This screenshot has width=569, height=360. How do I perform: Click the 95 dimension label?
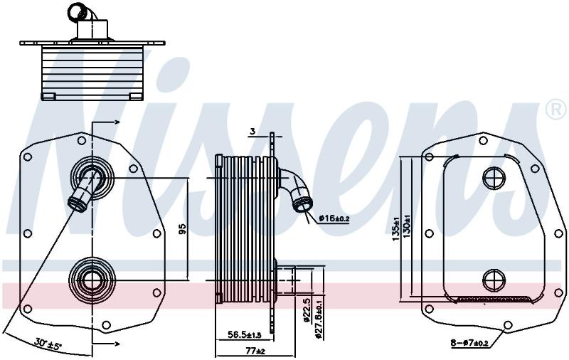click(x=183, y=229)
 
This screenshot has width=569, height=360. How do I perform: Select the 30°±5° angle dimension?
click(x=48, y=342)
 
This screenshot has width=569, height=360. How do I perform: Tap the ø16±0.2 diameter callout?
click(x=334, y=218)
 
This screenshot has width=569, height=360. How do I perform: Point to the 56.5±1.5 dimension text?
click(x=244, y=334)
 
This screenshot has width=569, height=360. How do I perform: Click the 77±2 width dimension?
click(x=256, y=351)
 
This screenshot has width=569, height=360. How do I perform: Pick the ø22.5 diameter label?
click(x=307, y=310)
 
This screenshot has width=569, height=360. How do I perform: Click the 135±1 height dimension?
click(x=396, y=229)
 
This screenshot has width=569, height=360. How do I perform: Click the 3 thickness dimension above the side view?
click(x=253, y=132)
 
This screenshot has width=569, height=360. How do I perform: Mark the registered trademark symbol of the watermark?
click(x=555, y=110)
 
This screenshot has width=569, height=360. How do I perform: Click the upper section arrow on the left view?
click(x=106, y=122)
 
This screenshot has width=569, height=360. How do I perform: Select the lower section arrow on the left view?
click(x=106, y=344)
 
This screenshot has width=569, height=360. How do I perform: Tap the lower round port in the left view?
click(x=92, y=280)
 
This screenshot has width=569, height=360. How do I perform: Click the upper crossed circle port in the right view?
click(x=494, y=178)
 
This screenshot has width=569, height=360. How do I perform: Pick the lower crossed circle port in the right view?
click(x=494, y=280)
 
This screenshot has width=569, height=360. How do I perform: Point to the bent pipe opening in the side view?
click(x=302, y=205)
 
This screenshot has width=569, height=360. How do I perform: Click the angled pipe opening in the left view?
click(x=78, y=204)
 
